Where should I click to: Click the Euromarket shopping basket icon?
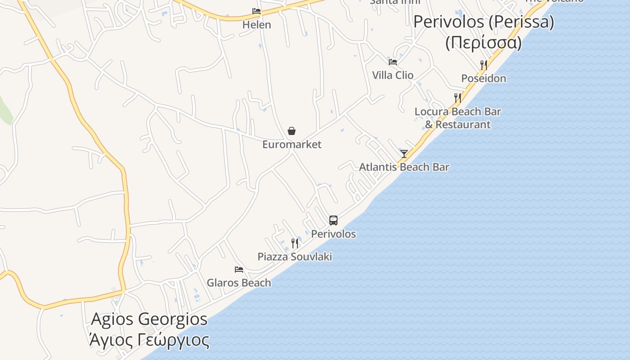tap(292, 131)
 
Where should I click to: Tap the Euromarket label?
tap(292, 144)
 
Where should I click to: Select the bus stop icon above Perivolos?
tap(333, 220)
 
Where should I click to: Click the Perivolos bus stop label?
tap(333, 234)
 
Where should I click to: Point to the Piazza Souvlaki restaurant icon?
tap(295, 243)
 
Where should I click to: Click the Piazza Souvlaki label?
tap(295, 256)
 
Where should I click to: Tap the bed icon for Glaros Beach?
tap(239, 270)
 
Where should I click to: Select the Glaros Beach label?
tap(239, 283)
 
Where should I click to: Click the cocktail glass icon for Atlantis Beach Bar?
tap(404, 154)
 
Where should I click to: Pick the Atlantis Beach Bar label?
tap(404, 167)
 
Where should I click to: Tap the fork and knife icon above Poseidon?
tap(484, 65)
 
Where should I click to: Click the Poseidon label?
tap(484, 78)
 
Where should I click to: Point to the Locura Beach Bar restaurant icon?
tap(458, 98)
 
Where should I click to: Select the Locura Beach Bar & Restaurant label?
tap(458, 118)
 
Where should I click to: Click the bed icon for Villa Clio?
tap(393, 62)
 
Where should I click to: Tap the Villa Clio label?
tap(393, 75)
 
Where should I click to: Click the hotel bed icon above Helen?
tap(256, 11)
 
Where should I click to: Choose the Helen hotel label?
tap(256, 25)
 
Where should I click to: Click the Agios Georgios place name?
tap(149, 319)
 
